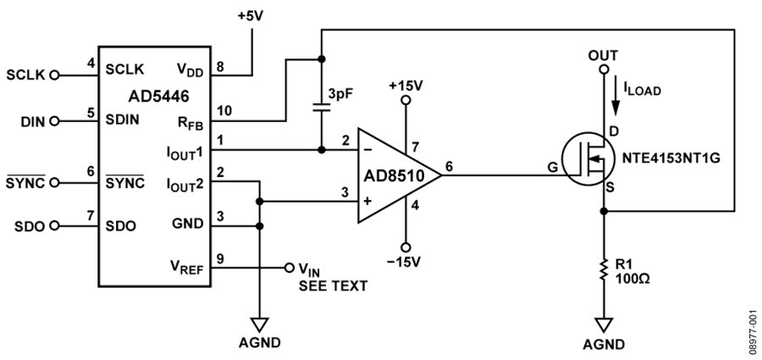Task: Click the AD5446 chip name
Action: coord(158,97)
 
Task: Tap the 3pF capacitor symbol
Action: coord(321,107)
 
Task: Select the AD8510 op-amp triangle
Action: coord(400,175)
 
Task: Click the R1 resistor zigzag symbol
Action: coord(604,269)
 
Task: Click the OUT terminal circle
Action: coord(604,69)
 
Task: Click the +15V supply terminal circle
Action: coord(406,100)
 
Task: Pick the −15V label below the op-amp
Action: coord(406,263)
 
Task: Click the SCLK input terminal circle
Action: coord(54,75)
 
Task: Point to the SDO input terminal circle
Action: coord(54,226)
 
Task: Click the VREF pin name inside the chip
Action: coord(186,267)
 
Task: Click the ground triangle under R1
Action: coord(604,324)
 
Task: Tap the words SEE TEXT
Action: coord(333,286)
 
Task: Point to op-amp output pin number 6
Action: coord(449,165)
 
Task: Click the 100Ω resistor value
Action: coord(632,280)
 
